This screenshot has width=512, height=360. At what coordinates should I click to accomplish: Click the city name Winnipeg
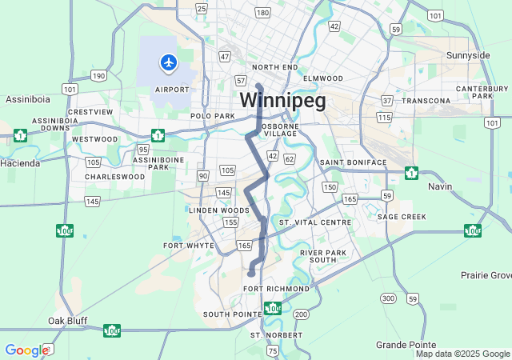click(282, 101)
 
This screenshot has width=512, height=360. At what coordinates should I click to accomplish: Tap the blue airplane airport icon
click(168, 62)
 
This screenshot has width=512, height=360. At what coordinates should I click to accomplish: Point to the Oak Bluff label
click(67, 321)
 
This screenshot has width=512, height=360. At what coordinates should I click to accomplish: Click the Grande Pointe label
click(405, 344)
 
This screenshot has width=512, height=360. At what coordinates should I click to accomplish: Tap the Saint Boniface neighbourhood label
click(353, 162)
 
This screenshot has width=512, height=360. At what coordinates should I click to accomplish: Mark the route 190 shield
click(98, 75)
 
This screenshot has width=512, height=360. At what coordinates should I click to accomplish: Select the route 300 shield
click(389, 298)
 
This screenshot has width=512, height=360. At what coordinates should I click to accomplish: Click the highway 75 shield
click(273, 350)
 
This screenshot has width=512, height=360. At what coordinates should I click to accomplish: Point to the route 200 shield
click(301, 314)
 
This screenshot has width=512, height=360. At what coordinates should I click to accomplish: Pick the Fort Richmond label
click(276, 288)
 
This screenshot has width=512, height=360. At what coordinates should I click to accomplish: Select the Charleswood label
click(114, 176)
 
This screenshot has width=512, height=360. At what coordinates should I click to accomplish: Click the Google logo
click(26, 350)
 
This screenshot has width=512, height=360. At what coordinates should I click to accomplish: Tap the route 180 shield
click(262, 13)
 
